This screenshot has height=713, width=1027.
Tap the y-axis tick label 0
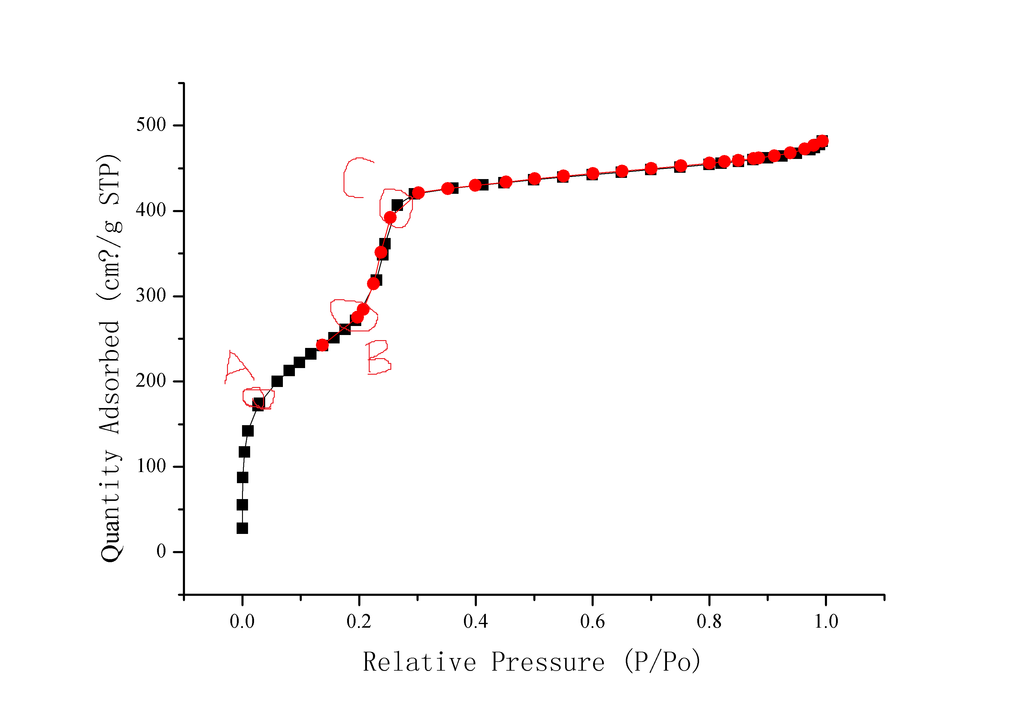coord(161,551)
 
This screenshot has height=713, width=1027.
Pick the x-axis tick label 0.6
coord(592,621)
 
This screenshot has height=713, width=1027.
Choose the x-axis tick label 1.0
coord(826,621)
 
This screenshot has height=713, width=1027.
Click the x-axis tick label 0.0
coord(242,621)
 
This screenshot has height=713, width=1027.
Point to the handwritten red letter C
coord(356,178)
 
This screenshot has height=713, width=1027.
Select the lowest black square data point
coord(242,528)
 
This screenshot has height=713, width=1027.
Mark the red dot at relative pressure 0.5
coord(534,179)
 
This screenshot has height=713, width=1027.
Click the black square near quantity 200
coord(277,381)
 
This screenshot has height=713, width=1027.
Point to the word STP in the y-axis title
coord(109,184)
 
